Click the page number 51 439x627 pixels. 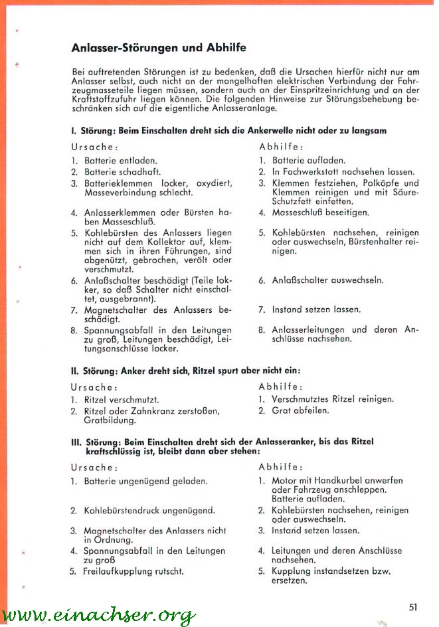pyautogui.click(x=413, y=606)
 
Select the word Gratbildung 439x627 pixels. pyautogui.click(x=110, y=420)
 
